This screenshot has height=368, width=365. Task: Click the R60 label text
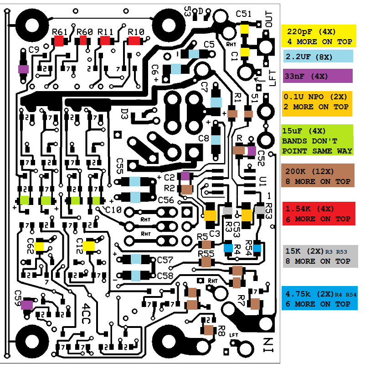pyautogui.click(x=85, y=31)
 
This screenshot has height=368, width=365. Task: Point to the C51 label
pyautogui.click(x=244, y=14)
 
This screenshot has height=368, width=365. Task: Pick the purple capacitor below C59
pyautogui.click(x=27, y=304)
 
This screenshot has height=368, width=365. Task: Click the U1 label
pyautogui.click(x=262, y=182)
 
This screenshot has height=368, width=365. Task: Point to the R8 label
pyautogui.click(x=221, y=328)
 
